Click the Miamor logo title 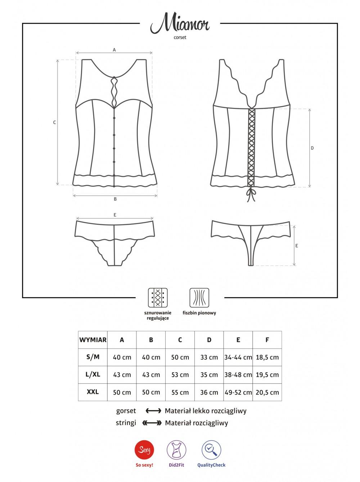[x=180, y=23]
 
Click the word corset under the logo [x=180, y=37]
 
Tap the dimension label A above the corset [x=114, y=50]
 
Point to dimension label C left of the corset [x=54, y=123]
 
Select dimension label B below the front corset [x=115, y=199]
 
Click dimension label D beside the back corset [x=312, y=148]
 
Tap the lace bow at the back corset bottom [x=251, y=194]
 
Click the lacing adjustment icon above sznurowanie [x=158, y=298]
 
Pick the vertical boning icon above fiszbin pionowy [x=199, y=298]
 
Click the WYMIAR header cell [x=93, y=340]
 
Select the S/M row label [x=93, y=357]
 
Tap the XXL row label [x=93, y=392]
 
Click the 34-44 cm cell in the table [x=238, y=357]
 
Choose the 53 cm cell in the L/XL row [x=180, y=374]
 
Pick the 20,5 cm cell [x=267, y=392]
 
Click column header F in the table [x=267, y=340]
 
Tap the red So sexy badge [x=144, y=450]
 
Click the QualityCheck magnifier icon [x=211, y=450]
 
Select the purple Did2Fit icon [x=176, y=450]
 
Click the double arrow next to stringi [x=152, y=423]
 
